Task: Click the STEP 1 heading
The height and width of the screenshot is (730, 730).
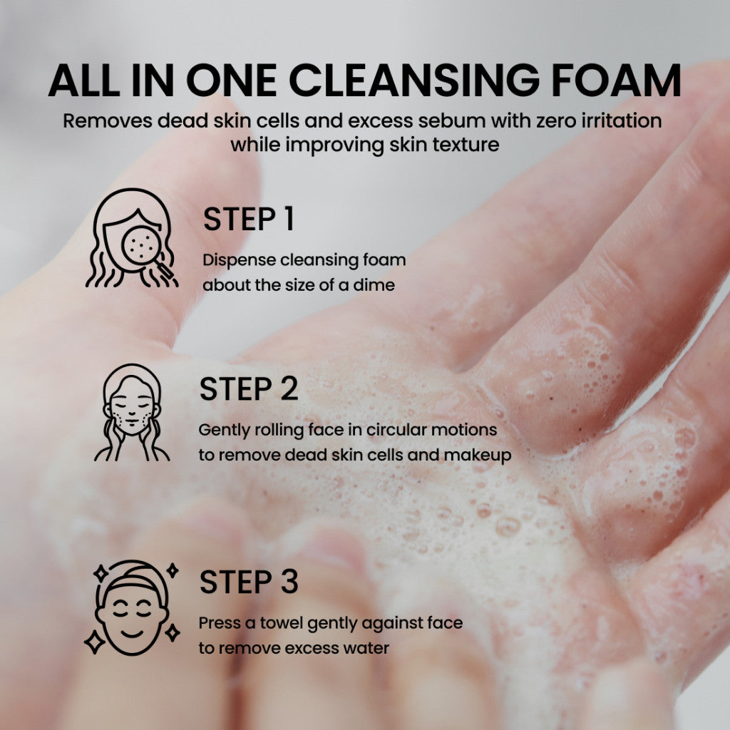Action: (x=248, y=220)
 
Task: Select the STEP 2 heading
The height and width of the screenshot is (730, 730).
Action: (x=248, y=390)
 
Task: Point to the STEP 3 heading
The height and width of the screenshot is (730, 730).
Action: (x=248, y=582)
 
